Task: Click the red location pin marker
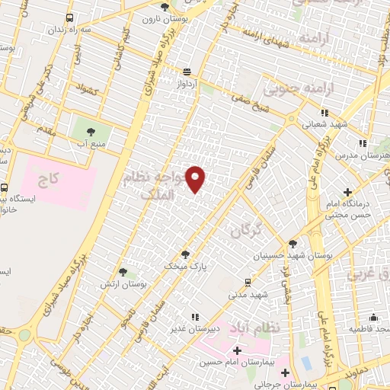click(196, 178)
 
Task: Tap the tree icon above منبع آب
click(93, 130)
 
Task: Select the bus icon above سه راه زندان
click(70, 18)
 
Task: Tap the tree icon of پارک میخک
click(186, 254)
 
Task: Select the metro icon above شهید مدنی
click(248, 280)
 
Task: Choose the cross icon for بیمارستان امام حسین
click(237, 351)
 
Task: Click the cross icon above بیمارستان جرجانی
click(285, 373)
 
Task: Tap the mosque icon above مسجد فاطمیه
click(372, 317)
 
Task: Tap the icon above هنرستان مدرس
click(363, 142)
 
